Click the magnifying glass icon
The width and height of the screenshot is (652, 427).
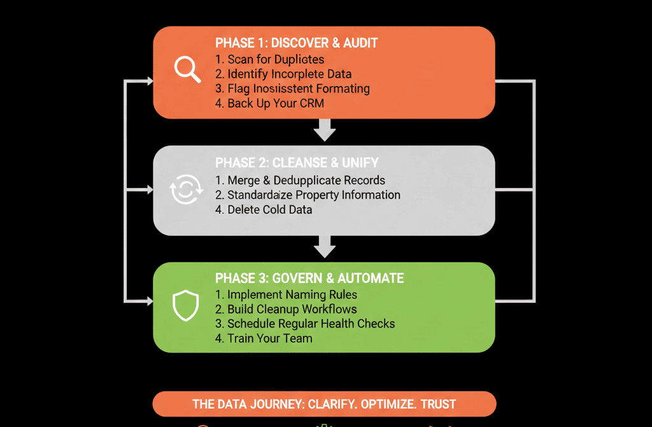click(187, 69)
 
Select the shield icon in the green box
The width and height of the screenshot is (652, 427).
click(183, 306)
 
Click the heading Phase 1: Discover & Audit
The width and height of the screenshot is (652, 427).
click(296, 43)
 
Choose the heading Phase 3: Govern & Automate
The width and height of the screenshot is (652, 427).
click(309, 278)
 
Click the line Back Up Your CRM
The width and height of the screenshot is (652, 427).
click(269, 103)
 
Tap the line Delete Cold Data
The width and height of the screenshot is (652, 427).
click(264, 210)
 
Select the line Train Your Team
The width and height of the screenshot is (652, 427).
click(264, 338)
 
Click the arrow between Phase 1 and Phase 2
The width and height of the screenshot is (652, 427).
click(325, 133)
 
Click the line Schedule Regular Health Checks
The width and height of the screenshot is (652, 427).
click(305, 324)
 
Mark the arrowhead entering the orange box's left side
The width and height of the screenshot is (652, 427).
click(150, 81)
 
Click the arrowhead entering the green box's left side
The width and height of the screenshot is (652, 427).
click(150, 300)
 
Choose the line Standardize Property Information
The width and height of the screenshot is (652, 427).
click(308, 195)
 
